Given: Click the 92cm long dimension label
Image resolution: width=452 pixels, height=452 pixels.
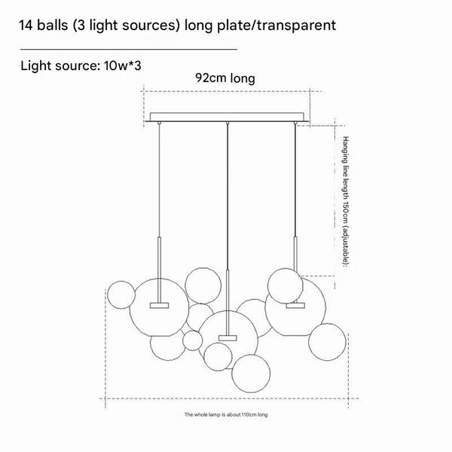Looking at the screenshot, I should point(225,78).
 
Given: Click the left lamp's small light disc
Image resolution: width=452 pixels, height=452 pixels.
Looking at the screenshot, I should point(160,304).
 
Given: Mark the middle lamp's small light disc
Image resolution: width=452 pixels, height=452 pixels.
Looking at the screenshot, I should point(227,334).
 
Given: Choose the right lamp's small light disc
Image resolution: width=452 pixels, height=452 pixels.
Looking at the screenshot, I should point(296,305).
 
